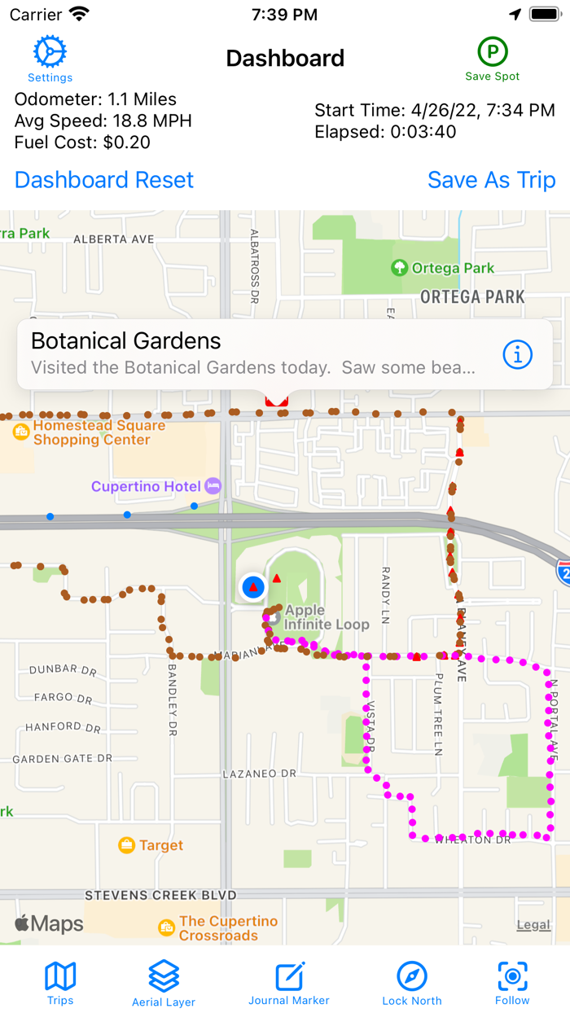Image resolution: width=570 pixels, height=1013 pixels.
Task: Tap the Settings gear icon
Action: tap(50, 53)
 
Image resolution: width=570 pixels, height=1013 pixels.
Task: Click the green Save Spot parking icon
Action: tap(493, 52)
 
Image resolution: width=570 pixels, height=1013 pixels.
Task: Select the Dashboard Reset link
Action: tap(104, 180)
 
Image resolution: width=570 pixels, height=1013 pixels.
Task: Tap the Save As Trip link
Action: tap(492, 180)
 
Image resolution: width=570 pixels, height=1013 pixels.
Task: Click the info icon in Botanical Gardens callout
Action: tap(518, 354)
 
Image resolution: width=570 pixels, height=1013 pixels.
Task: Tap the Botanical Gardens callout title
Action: tap(126, 341)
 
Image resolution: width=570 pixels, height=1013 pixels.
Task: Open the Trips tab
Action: tap(60, 982)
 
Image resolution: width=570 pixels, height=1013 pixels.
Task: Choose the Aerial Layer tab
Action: tap(164, 982)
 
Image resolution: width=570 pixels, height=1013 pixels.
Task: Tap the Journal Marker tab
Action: tap(289, 982)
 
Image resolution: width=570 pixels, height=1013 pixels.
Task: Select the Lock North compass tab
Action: tap(412, 982)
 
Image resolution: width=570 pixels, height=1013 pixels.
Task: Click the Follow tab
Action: tap(512, 982)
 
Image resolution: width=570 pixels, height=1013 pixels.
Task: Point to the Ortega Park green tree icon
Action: tap(399, 268)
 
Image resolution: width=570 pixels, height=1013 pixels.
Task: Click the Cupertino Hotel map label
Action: tap(146, 486)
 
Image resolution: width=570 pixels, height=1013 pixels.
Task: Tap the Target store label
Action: tap(160, 845)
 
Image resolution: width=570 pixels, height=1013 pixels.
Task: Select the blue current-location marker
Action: tap(253, 586)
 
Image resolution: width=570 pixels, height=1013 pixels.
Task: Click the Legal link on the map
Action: tap(533, 924)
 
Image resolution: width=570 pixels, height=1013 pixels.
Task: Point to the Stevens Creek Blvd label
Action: tap(160, 896)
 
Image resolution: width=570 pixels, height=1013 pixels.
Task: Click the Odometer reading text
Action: tap(95, 99)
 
